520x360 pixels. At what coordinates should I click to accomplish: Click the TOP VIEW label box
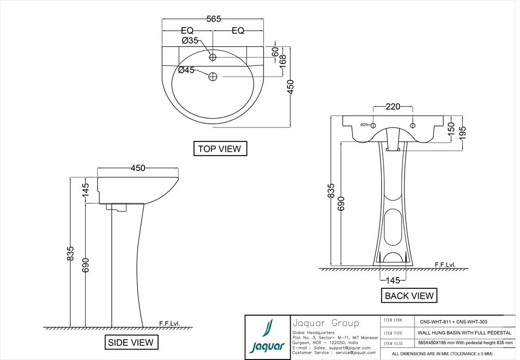[219, 149]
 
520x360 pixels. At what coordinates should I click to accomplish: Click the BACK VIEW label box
[409, 296]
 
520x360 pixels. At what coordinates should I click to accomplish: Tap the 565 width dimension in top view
[214, 19]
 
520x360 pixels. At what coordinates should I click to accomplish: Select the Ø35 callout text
[190, 41]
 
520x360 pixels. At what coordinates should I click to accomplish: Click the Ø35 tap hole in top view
[213, 57]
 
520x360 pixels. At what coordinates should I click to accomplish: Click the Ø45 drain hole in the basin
[213, 77]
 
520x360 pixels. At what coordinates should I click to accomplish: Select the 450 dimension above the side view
[138, 168]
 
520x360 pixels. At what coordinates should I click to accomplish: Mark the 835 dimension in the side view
[71, 253]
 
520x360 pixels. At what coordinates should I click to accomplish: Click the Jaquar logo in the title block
[267, 337]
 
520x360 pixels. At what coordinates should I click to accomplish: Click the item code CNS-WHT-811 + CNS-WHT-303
[453, 322]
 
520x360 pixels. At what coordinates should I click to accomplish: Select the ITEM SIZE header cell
[393, 343]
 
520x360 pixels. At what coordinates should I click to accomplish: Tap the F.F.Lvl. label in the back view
[445, 265]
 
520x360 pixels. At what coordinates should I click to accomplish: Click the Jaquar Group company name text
[326, 323]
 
